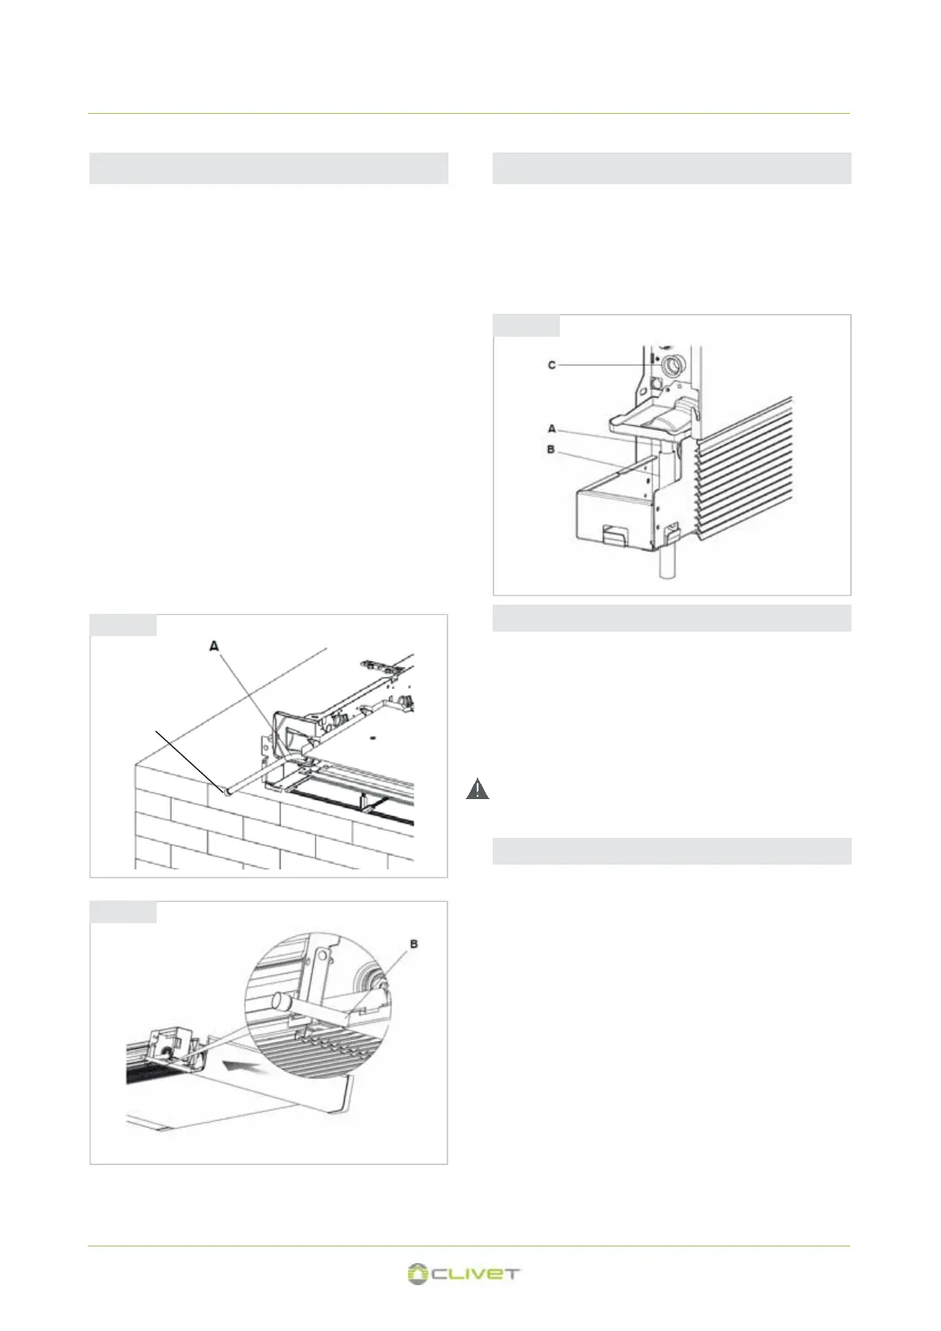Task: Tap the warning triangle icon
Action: tap(477, 789)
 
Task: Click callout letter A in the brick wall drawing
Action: tap(214, 647)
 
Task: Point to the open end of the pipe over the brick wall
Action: tap(227, 789)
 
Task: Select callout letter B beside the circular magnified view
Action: tap(414, 944)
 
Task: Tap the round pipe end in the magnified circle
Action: tap(280, 1003)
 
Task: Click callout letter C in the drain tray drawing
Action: tap(552, 365)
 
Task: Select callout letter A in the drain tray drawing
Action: tap(552, 428)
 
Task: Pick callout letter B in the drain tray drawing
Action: tap(551, 450)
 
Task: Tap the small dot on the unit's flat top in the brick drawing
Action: tap(371, 738)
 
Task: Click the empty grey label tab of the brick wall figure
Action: tap(123, 624)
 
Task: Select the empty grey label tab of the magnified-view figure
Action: tap(123, 911)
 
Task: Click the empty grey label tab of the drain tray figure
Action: tap(526, 326)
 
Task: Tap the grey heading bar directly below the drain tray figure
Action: tap(671, 618)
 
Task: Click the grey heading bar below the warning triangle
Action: tap(671, 850)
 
